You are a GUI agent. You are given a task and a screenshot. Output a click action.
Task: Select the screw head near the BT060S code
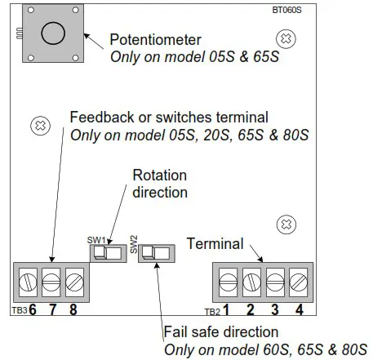[285, 38]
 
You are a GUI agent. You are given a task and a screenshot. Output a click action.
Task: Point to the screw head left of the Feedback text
[38, 125]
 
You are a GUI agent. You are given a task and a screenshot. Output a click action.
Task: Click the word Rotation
[159, 176]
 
